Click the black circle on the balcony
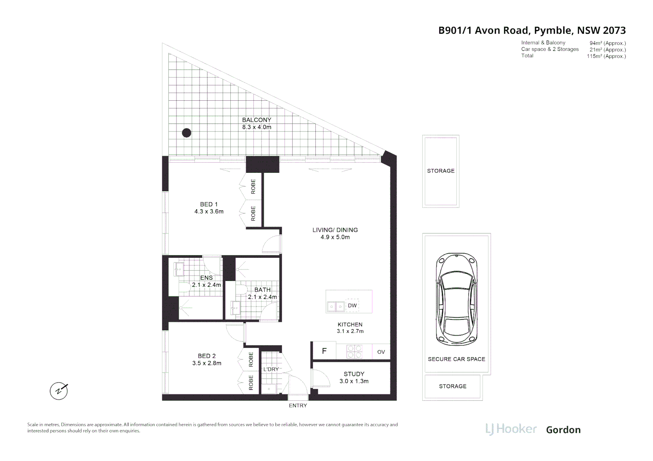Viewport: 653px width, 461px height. point(186,133)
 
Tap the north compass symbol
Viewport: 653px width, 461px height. point(59,391)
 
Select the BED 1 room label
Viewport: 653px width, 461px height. point(209,204)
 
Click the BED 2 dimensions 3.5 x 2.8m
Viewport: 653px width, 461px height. point(207,363)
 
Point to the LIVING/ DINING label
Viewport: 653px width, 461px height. point(335,230)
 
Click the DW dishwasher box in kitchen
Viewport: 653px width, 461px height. point(352,306)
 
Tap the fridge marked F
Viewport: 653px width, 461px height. point(324,351)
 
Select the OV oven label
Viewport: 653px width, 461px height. point(381,352)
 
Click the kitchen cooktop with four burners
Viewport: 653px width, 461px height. point(355,351)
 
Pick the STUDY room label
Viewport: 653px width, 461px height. point(354,374)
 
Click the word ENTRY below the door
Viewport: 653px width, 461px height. point(298,406)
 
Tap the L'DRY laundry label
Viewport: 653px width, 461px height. point(271,369)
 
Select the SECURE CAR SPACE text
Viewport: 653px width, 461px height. point(456,359)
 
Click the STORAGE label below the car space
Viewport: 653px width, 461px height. point(453,386)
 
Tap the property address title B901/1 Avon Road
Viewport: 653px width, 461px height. point(532,30)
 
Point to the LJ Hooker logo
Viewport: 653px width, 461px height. point(511,429)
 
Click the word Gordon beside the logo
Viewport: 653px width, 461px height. point(563,430)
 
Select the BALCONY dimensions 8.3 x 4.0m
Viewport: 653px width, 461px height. point(256,127)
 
